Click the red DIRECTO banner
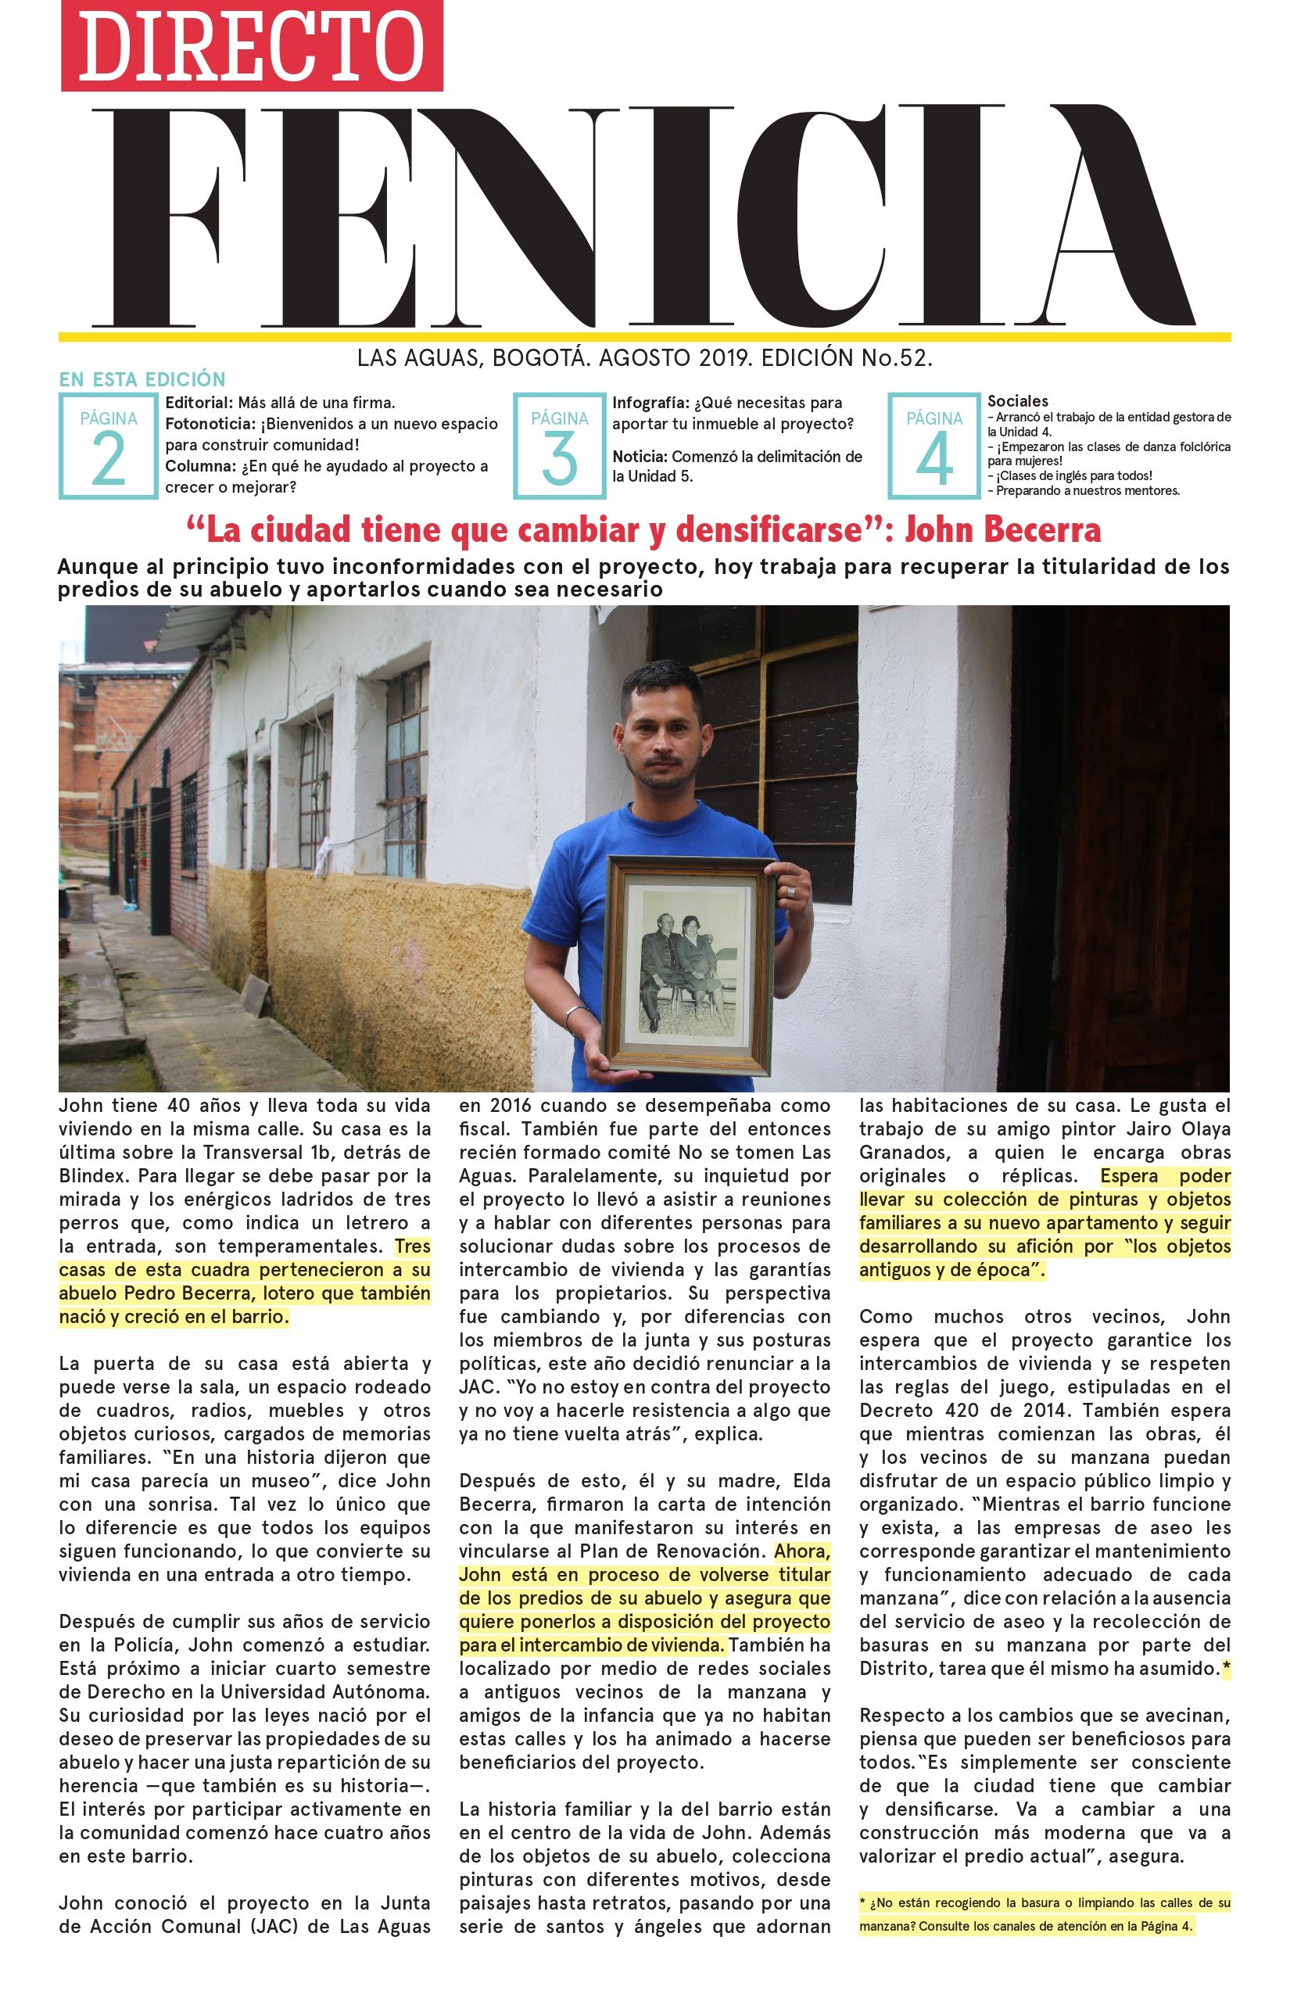[x=251, y=45]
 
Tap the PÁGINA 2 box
[x=108, y=446]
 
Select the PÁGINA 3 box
[x=559, y=446]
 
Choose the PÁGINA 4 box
[x=934, y=446]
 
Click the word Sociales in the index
[x=1018, y=401]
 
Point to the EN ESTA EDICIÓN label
[x=142, y=379]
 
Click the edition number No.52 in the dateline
[x=896, y=359]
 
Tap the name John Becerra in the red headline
[x=1002, y=530]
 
